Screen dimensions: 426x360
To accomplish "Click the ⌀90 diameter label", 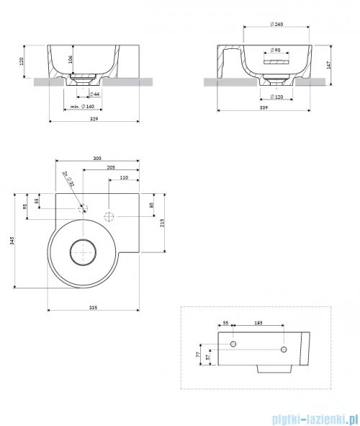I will [275, 50].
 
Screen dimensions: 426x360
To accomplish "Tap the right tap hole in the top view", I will [110, 215].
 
